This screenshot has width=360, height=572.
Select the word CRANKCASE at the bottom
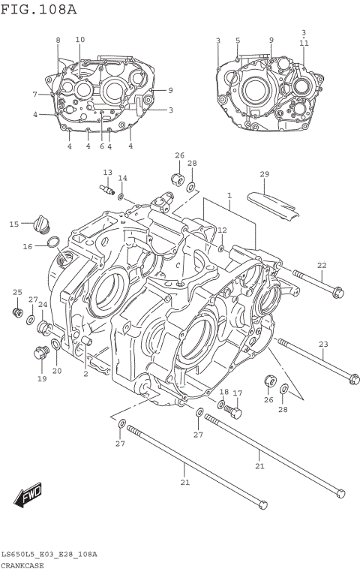22,564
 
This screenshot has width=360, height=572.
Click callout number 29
264,175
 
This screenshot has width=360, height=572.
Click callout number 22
322,265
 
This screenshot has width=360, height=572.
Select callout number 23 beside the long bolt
323,345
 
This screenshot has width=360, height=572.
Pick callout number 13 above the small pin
107,173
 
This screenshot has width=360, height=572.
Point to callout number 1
229,196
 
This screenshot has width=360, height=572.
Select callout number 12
222,230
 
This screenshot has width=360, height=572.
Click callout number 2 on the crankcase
85,373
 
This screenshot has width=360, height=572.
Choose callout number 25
17,292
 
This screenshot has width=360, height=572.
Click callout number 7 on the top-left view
34,95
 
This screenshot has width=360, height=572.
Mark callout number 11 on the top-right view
304,44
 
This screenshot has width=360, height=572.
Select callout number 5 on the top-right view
238,40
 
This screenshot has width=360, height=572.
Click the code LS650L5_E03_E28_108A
49,554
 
